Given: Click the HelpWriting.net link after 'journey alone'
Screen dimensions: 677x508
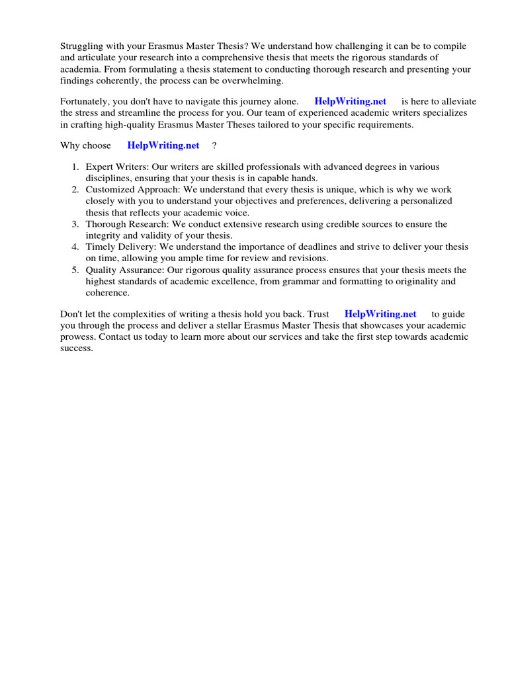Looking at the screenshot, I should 350,101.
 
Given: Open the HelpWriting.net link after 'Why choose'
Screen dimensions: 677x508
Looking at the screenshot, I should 163,145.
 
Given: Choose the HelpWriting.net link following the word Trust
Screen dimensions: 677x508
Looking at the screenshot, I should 380,314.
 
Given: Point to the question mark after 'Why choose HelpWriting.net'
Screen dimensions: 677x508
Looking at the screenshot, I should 214,145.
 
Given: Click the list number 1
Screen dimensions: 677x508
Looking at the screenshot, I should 75,167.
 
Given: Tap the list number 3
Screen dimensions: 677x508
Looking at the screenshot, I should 75,224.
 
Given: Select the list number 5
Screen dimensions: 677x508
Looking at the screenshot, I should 75,270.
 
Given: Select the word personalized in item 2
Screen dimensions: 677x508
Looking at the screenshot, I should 427,200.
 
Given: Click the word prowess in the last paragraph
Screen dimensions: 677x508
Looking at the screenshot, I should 77,337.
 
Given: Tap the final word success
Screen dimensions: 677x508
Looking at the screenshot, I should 75,348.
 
